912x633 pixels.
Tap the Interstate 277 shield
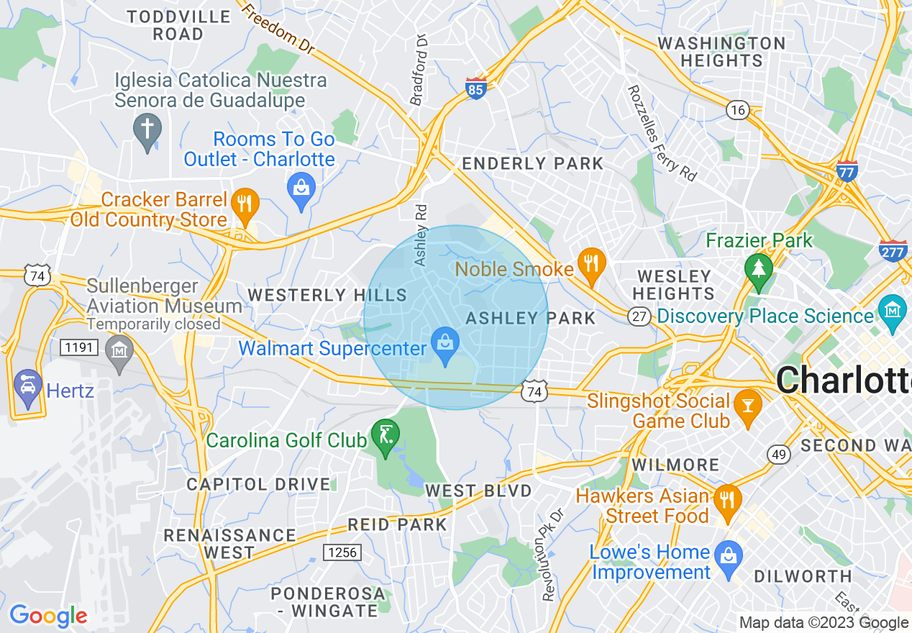click(893, 249)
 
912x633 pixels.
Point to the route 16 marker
click(737, 110)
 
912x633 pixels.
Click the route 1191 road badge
click(78, 347)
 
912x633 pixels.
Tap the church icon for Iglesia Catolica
click(147, 130)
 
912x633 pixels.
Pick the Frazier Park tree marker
click(758, 268)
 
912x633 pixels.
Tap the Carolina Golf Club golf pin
click(386, 435)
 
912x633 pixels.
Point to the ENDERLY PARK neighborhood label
click(532, 164)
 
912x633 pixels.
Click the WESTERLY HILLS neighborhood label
click(327, 295)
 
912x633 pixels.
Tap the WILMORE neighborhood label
click(675, 465)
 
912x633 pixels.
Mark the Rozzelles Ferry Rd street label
click(662, 133)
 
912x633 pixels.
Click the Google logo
click(48, 616)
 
